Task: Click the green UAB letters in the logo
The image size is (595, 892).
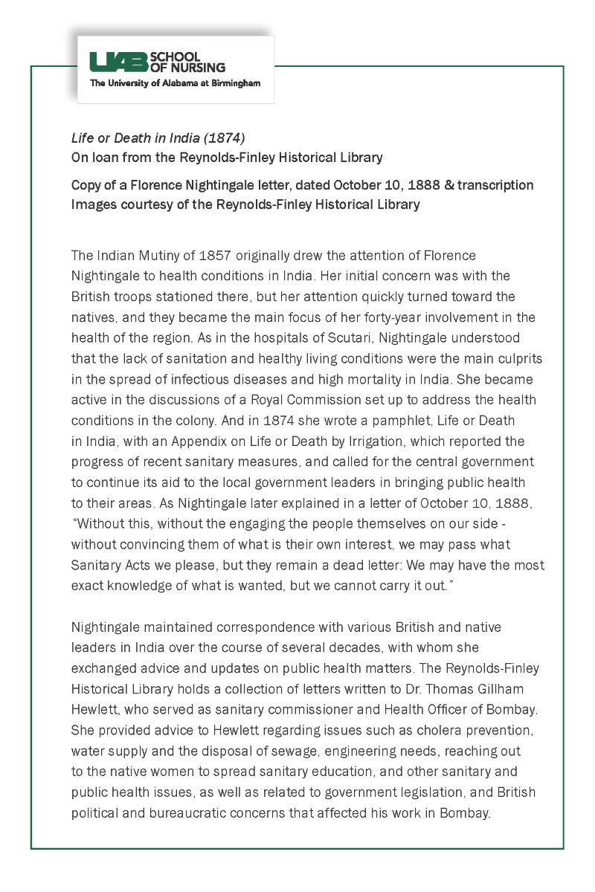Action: [118, 62]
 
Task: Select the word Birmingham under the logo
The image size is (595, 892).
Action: [235, 83]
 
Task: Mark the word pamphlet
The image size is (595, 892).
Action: [349, 421]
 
